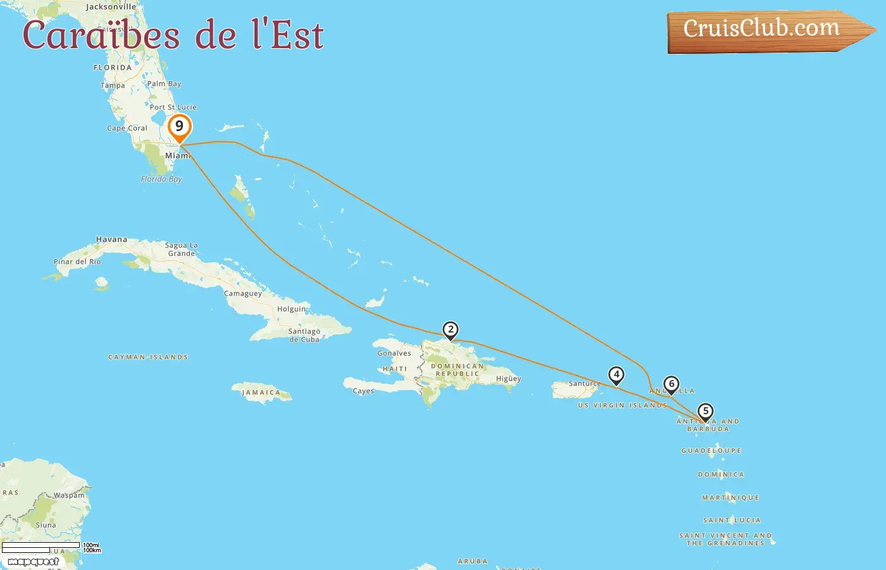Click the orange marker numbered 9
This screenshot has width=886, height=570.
180,127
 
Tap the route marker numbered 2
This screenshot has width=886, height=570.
451,330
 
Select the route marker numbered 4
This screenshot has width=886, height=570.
616,375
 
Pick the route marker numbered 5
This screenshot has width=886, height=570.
706,412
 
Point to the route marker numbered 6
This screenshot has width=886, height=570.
671,384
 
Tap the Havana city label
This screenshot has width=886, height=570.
111,239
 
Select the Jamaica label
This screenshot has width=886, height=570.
261,393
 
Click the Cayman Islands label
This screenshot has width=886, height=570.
148,357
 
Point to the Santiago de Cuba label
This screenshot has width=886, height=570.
304,335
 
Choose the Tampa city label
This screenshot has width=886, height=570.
113,85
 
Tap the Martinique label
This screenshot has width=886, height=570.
730,498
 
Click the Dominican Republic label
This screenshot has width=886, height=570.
458,370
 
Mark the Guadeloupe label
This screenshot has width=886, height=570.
711,450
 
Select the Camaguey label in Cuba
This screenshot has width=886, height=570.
243,293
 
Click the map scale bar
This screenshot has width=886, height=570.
42,547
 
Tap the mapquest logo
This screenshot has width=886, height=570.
33,562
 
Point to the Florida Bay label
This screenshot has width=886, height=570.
161,179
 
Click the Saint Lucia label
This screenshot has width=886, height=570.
732,520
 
